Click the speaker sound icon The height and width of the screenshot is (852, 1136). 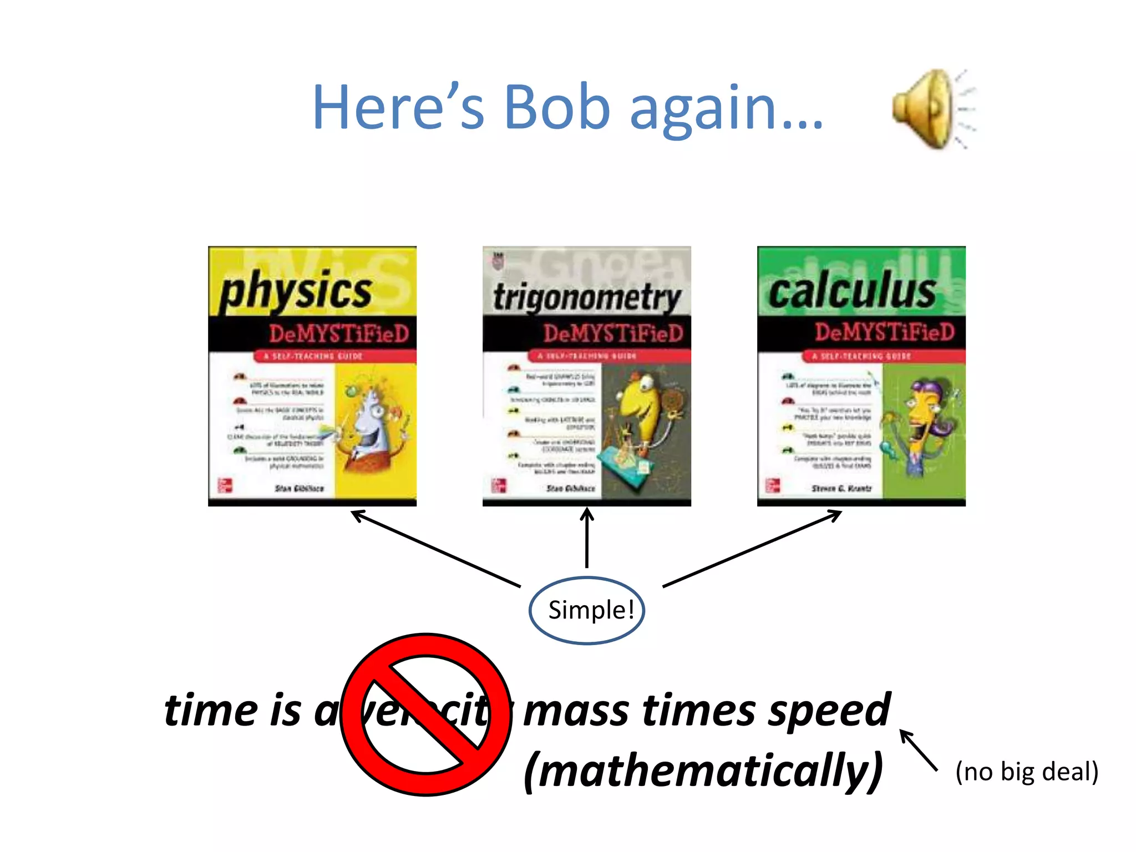(932, 109)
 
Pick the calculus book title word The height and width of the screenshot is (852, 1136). (852, 291)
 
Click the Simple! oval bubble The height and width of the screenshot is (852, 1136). (587, 610)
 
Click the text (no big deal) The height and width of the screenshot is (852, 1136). (1027, 772)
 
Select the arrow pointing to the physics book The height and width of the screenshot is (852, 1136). (436, 549)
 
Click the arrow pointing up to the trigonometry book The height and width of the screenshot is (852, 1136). (587, 538)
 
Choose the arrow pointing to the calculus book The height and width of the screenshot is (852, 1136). (752, 549)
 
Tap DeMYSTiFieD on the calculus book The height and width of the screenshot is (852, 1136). (884, 332)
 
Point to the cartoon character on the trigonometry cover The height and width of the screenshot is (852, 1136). (643, 422)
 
